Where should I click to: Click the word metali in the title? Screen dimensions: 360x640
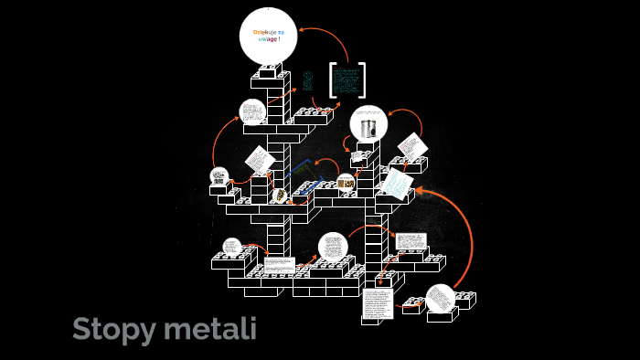[x=209, y=328]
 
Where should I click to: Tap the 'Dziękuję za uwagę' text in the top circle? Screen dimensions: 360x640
[x=269, y=36]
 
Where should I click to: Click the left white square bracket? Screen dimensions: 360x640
[x=333, y=79]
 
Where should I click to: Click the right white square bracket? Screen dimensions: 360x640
[x=362, y=79]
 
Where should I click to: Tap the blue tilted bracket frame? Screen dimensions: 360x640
[x=303, y=178]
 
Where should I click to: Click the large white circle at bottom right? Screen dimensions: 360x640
[x=441, y=299]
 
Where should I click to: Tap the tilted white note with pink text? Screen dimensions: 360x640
[x=411, y=146]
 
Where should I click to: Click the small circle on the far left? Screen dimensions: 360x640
[x=219, y=175]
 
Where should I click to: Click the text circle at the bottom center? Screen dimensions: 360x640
[x=333, y=246]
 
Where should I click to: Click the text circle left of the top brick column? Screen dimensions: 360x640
[x=251, y=112]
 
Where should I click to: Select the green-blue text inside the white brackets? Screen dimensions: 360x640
[x=347, y=79]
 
